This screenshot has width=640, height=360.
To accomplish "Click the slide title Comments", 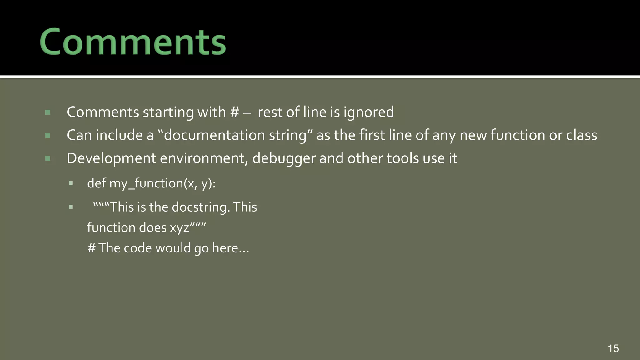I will (x=133, y=42).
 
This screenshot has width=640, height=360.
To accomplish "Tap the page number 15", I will (x=613, y=348).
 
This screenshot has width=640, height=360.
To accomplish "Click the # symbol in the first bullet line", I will (x=234, y=112).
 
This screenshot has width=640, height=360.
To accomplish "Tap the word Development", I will (x=111, y=158).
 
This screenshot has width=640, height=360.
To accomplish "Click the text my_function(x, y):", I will (x=162, y=183).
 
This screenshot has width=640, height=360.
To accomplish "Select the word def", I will (x=96, y=183).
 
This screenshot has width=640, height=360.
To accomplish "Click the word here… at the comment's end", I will (x=231, y=248).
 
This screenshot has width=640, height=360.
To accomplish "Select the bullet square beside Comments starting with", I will (x=48, y=112).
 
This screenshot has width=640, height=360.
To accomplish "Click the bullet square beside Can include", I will (x=48, y=136).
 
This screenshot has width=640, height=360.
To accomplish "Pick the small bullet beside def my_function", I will (x=71, y=183).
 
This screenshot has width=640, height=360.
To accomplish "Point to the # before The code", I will (x=91, y=248).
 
